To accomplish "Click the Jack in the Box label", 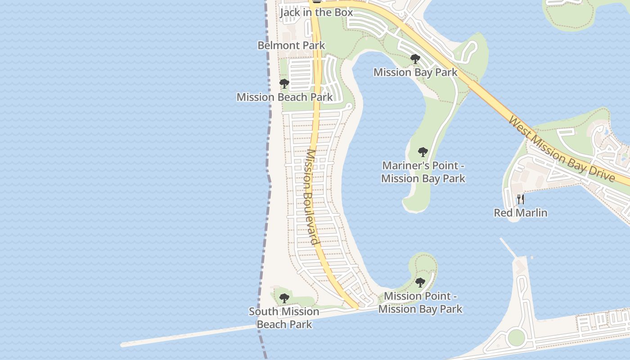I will coord(316,12).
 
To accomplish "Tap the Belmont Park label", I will coord(291,45).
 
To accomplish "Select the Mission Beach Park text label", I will coord(285,97).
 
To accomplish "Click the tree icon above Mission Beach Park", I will coord(284,84).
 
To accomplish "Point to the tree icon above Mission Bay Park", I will coord(415,59).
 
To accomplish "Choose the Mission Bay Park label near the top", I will coord(415,72).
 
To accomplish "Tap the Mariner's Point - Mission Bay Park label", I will coord(423,172).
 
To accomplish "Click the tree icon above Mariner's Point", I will coord(423,152).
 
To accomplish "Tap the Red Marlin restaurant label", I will coord(521,212).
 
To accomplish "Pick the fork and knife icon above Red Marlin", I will coord(521,199).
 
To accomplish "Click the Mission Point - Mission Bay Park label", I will coord(420,302).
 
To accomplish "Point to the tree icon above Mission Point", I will coord(420,283).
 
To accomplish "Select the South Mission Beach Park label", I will coord(284,318).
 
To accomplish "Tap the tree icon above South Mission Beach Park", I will coord(284,298).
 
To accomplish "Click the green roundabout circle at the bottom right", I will coord(516,337).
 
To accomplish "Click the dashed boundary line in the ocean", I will coord(269,135).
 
